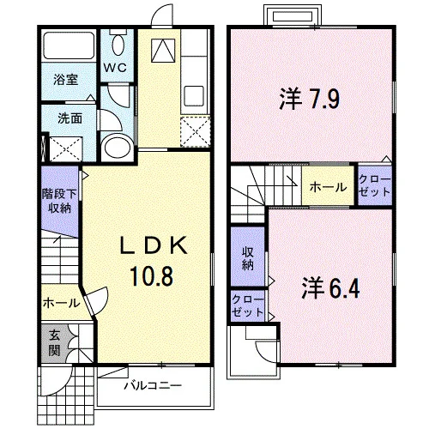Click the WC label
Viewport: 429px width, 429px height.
pos(115,68)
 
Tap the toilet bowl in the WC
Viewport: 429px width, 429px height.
pos(118,45)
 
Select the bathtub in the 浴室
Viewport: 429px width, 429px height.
pos(69,45)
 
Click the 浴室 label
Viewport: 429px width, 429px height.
pos(66,80)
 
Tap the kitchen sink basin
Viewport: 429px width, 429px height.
pos(194,96)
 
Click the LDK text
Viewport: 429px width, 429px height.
pos(154,245)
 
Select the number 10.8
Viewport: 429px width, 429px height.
pos(152,275)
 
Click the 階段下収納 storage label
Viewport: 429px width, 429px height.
pos(59,201)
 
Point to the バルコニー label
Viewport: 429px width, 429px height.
pos(153,386)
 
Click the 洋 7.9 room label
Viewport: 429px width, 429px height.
pos(310,99)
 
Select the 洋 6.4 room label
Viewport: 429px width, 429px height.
pos(330,288)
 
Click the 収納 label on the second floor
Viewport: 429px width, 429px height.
pos(248,258)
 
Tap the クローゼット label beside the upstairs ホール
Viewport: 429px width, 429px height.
pos(374,186)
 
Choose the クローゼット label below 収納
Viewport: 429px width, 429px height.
pos(247,305)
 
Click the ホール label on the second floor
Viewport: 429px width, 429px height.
pos(328,188)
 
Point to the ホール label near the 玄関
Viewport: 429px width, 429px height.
pos(62,303)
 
